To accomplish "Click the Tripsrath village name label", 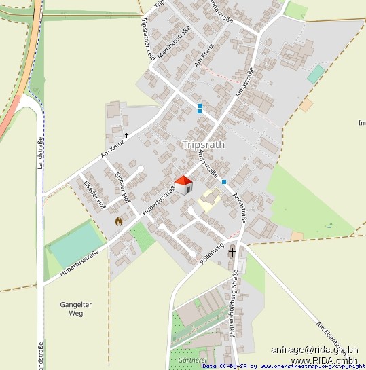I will tap(204, 145).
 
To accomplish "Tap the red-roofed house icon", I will tap(184, 184).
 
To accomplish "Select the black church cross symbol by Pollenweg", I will tap(232, 252).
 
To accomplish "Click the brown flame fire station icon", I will tap(119, 221).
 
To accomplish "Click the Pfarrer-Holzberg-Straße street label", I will tap(235, 303).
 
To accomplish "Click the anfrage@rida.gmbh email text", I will tap(314, 350).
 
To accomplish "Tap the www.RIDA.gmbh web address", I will tap(324, 360).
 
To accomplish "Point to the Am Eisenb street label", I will tap(335, 332).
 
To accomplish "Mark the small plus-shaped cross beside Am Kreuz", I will tap(126, 135).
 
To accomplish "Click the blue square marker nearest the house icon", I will tap(223, 181).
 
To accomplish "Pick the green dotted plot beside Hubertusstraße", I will tap(142, 236).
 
